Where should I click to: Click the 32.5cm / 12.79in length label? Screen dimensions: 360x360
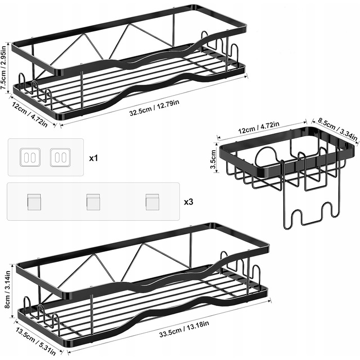click(154, 107)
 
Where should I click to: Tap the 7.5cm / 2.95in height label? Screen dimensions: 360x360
click(4, 68)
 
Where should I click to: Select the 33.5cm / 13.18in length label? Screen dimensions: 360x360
click(184, 329)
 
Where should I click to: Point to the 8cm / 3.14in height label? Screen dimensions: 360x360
click(7, 290)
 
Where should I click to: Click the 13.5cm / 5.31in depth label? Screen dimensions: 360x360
click(36, 341)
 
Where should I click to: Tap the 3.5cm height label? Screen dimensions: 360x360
click(213, 159)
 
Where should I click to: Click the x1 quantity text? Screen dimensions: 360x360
click(94, 158)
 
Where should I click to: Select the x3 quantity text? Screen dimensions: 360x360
click(189, 202)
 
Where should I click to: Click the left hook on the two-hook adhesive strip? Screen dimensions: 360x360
click(30, 157)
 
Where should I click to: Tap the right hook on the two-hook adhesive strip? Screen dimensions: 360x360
click(60, 157)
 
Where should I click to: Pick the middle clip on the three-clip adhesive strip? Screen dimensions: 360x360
click(93, 202)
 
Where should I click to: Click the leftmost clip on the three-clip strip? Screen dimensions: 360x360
click(34, 202)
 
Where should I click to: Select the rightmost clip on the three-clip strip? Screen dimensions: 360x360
click(152, 202)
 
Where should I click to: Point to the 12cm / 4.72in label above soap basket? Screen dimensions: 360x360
click(259, 128)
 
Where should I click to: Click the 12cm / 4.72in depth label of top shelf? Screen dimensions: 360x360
click(30, 115)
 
